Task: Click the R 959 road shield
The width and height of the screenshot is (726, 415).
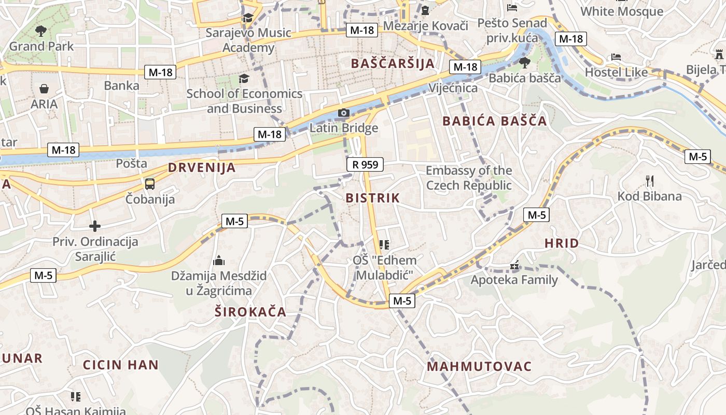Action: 365,164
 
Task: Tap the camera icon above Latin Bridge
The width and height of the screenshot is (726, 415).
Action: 343,113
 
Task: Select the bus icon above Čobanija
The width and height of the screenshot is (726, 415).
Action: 150,184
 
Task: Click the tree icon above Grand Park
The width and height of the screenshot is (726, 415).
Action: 41,31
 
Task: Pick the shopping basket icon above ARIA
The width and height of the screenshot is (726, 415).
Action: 44,89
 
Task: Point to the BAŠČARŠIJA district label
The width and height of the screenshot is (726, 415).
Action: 393,63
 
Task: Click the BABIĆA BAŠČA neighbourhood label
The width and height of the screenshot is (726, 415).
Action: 494,121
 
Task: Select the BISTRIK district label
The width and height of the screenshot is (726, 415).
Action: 373,198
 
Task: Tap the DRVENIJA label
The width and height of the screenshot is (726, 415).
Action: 202,168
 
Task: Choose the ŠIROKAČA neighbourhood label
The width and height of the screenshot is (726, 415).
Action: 250,311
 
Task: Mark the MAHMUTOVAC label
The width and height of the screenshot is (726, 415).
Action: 479,366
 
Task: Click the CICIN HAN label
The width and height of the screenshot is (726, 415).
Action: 121,364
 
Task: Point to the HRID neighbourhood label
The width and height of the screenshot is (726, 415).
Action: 562,243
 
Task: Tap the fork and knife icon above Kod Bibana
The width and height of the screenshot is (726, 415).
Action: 649,181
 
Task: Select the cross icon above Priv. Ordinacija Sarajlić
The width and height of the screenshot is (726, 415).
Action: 95,226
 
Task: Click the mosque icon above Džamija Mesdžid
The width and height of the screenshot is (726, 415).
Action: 219,260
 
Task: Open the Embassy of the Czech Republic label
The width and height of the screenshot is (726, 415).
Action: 469,178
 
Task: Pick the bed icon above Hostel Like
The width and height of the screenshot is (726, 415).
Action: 616,57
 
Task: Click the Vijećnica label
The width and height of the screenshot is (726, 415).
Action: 453,88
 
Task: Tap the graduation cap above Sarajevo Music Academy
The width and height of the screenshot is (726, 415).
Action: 248,18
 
